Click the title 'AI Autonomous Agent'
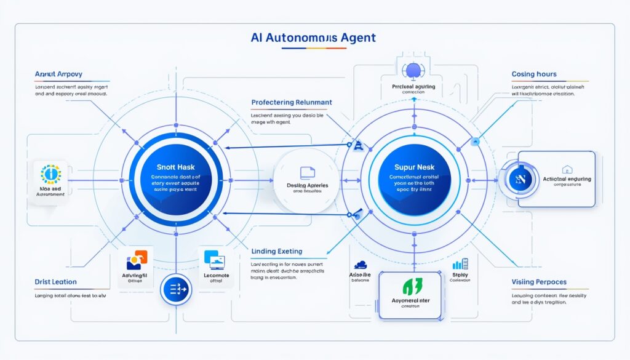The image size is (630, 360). (x=313, y=38)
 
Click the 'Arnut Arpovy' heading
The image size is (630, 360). (x=59, y=74)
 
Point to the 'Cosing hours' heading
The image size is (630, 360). (x=534, y=74)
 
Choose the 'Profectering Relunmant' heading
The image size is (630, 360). (x=292, y=102)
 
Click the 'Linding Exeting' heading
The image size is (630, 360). (x=277, y=251)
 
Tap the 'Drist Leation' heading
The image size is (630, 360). (x=56, y=282)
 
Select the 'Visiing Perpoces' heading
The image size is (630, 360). (x=539, y=282)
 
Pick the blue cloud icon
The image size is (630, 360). (x=361, y=264)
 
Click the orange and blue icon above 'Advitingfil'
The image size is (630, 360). (x=137, y=261)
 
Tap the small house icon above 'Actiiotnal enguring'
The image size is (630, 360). (x=567, y=169)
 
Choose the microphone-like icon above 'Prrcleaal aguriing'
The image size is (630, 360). (x=412, y=71)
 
